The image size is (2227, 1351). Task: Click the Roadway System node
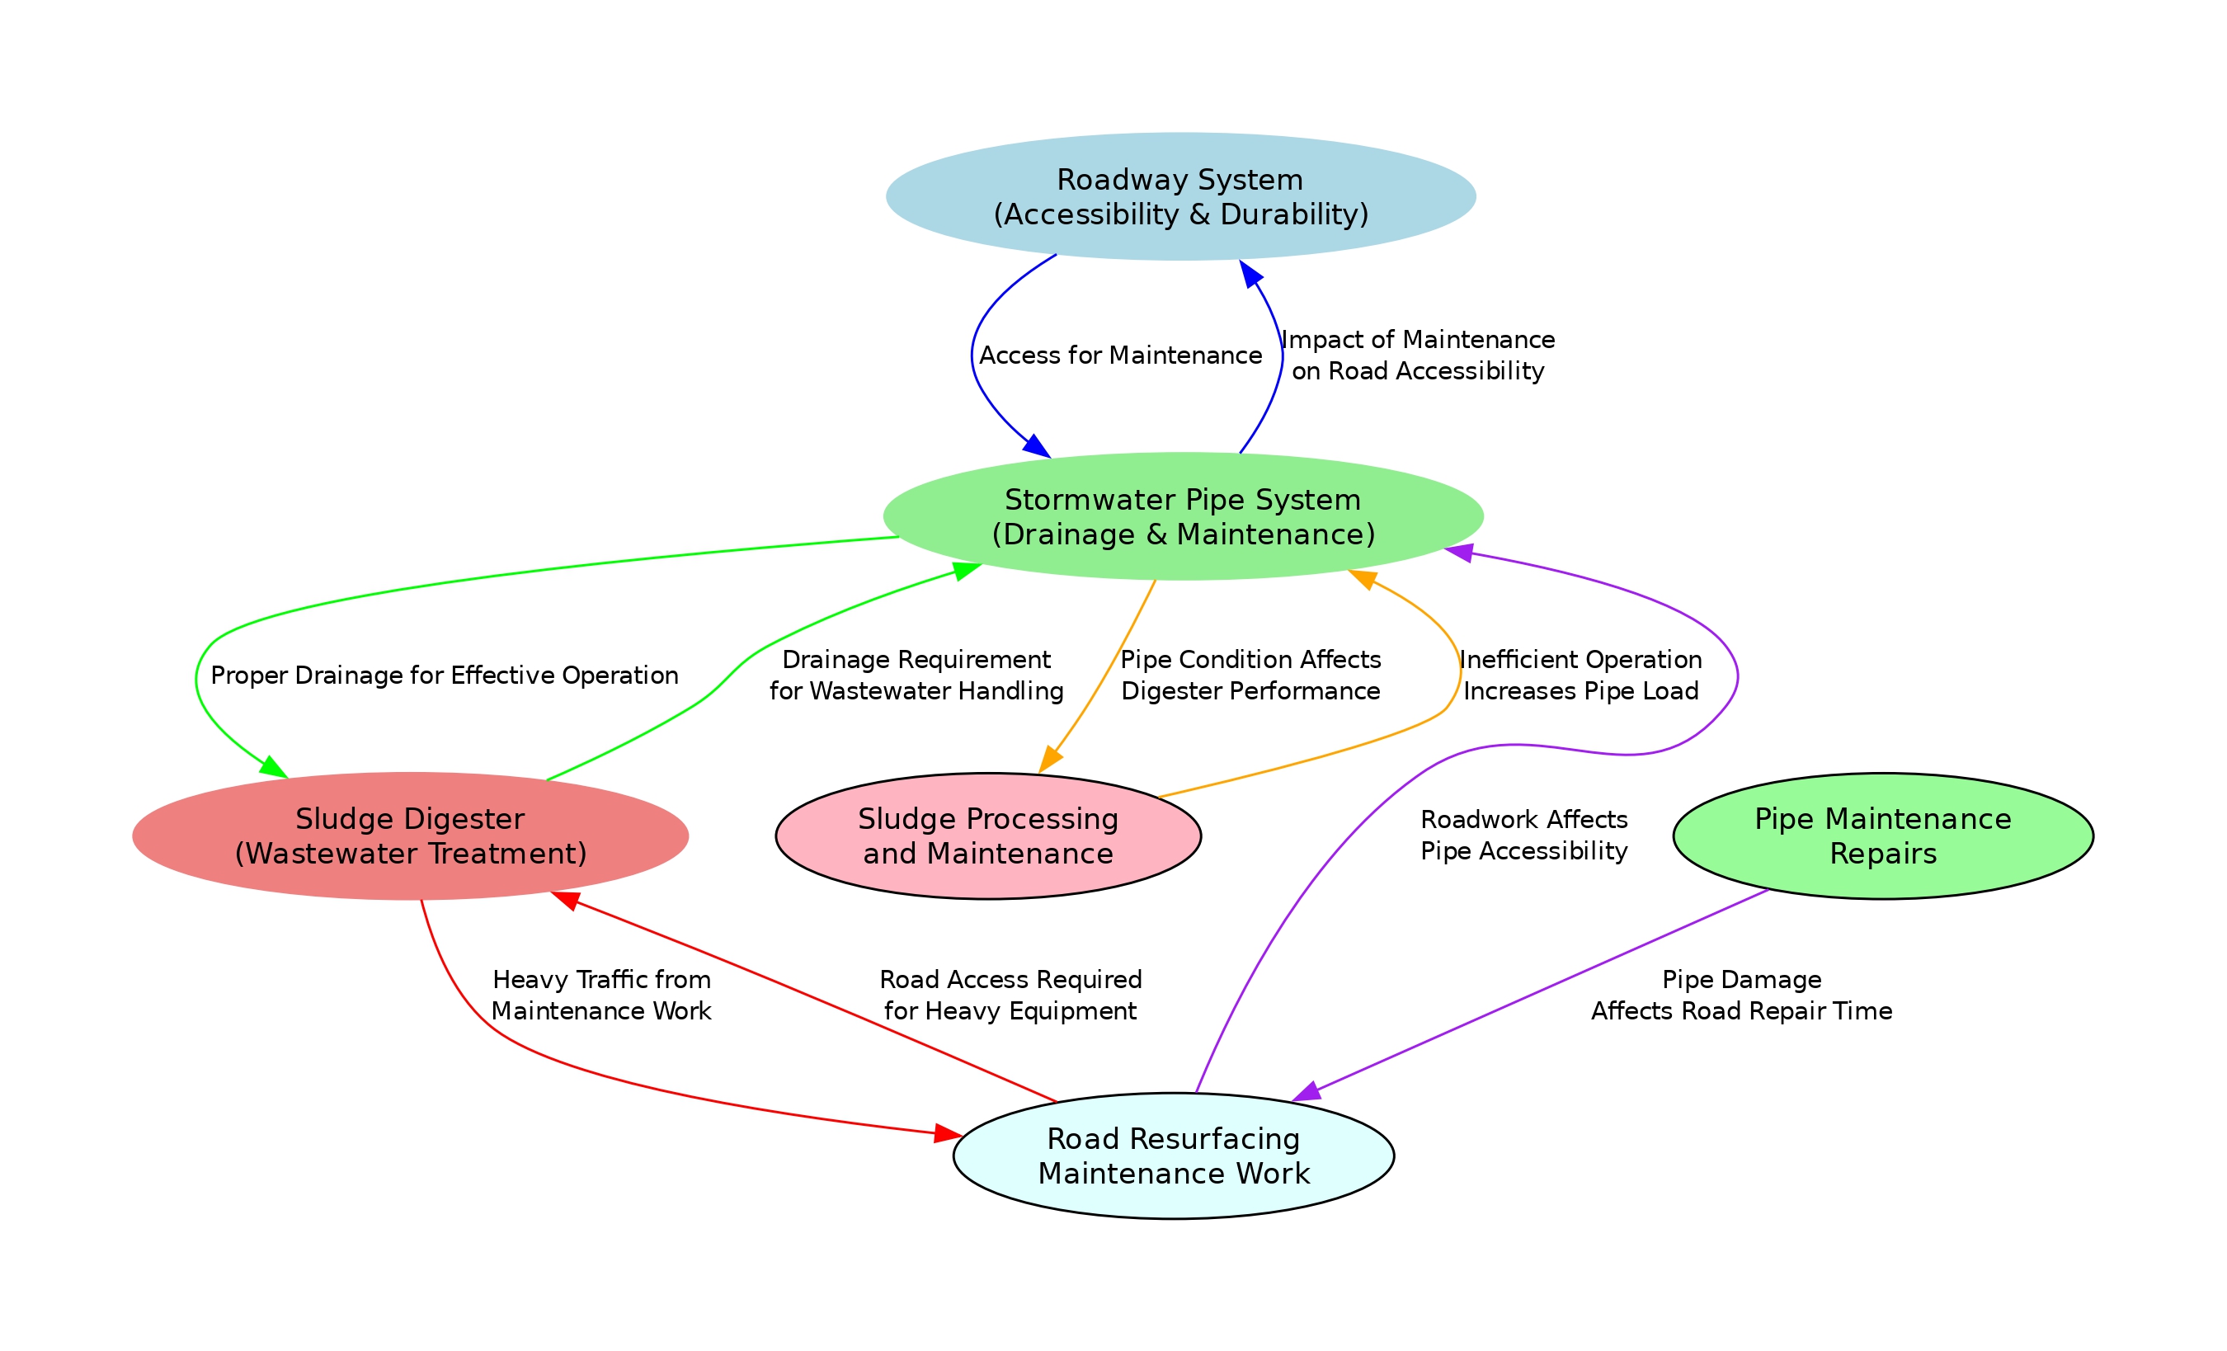[1180, 197]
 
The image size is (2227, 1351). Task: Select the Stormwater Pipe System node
[1183, 516]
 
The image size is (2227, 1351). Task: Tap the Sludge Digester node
[410, 836]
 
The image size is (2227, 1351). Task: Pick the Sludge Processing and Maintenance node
[988, 836]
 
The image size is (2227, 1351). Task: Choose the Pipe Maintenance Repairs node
[1884, 836]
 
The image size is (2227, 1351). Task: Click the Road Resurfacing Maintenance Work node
[1173, 1156]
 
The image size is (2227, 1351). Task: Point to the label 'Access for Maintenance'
[1121, 355]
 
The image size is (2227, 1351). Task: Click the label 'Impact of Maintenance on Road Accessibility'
[1418, 355]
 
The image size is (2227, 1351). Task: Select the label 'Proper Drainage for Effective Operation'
[445, 675]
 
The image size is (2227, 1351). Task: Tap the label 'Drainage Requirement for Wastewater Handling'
[916, 675]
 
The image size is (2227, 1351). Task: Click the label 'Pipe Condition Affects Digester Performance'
[1251, 675]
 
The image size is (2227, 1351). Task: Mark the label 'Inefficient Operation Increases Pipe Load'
[1581, 675]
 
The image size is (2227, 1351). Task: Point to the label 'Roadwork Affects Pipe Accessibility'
[1523, 835]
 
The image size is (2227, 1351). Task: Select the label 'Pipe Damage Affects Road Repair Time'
[1742, 995]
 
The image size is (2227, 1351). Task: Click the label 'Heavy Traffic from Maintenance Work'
[601, 995]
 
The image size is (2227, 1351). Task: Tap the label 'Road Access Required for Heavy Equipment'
[1010, 995]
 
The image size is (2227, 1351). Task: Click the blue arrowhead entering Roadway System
[1251, 274]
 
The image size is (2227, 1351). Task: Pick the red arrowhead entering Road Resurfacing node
[948, 1133]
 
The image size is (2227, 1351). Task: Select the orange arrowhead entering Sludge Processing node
[1049, 759]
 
